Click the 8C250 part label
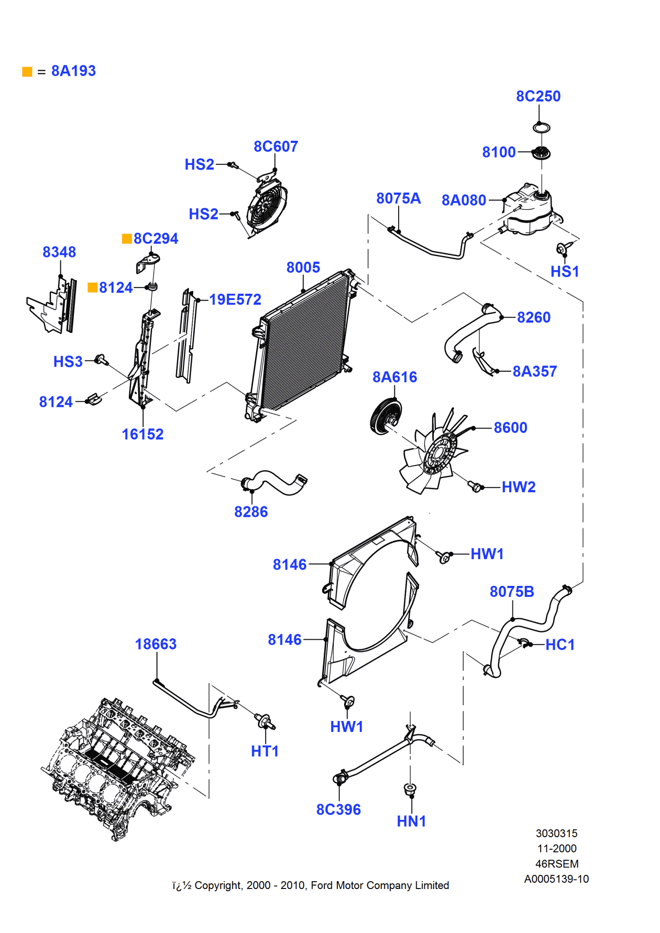click(x=538, y=96)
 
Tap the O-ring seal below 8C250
click(x=541, y=127)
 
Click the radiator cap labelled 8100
click(x=541, y=153)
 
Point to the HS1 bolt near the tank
click(x=562, y=249)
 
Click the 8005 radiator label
click(x=303, y=268)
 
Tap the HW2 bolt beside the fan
click(x=475, y=486)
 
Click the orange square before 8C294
click(x=127, y=239)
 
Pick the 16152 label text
click(x=142, y=434)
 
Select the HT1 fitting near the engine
click(x=264, y=721)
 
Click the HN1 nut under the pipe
click(x=410, y=788)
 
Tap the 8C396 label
click(x=338, y=809)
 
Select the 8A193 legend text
click(x=73, y=71)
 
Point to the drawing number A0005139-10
click(x=556, y=879)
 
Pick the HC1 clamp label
click(x=560, y=645)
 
